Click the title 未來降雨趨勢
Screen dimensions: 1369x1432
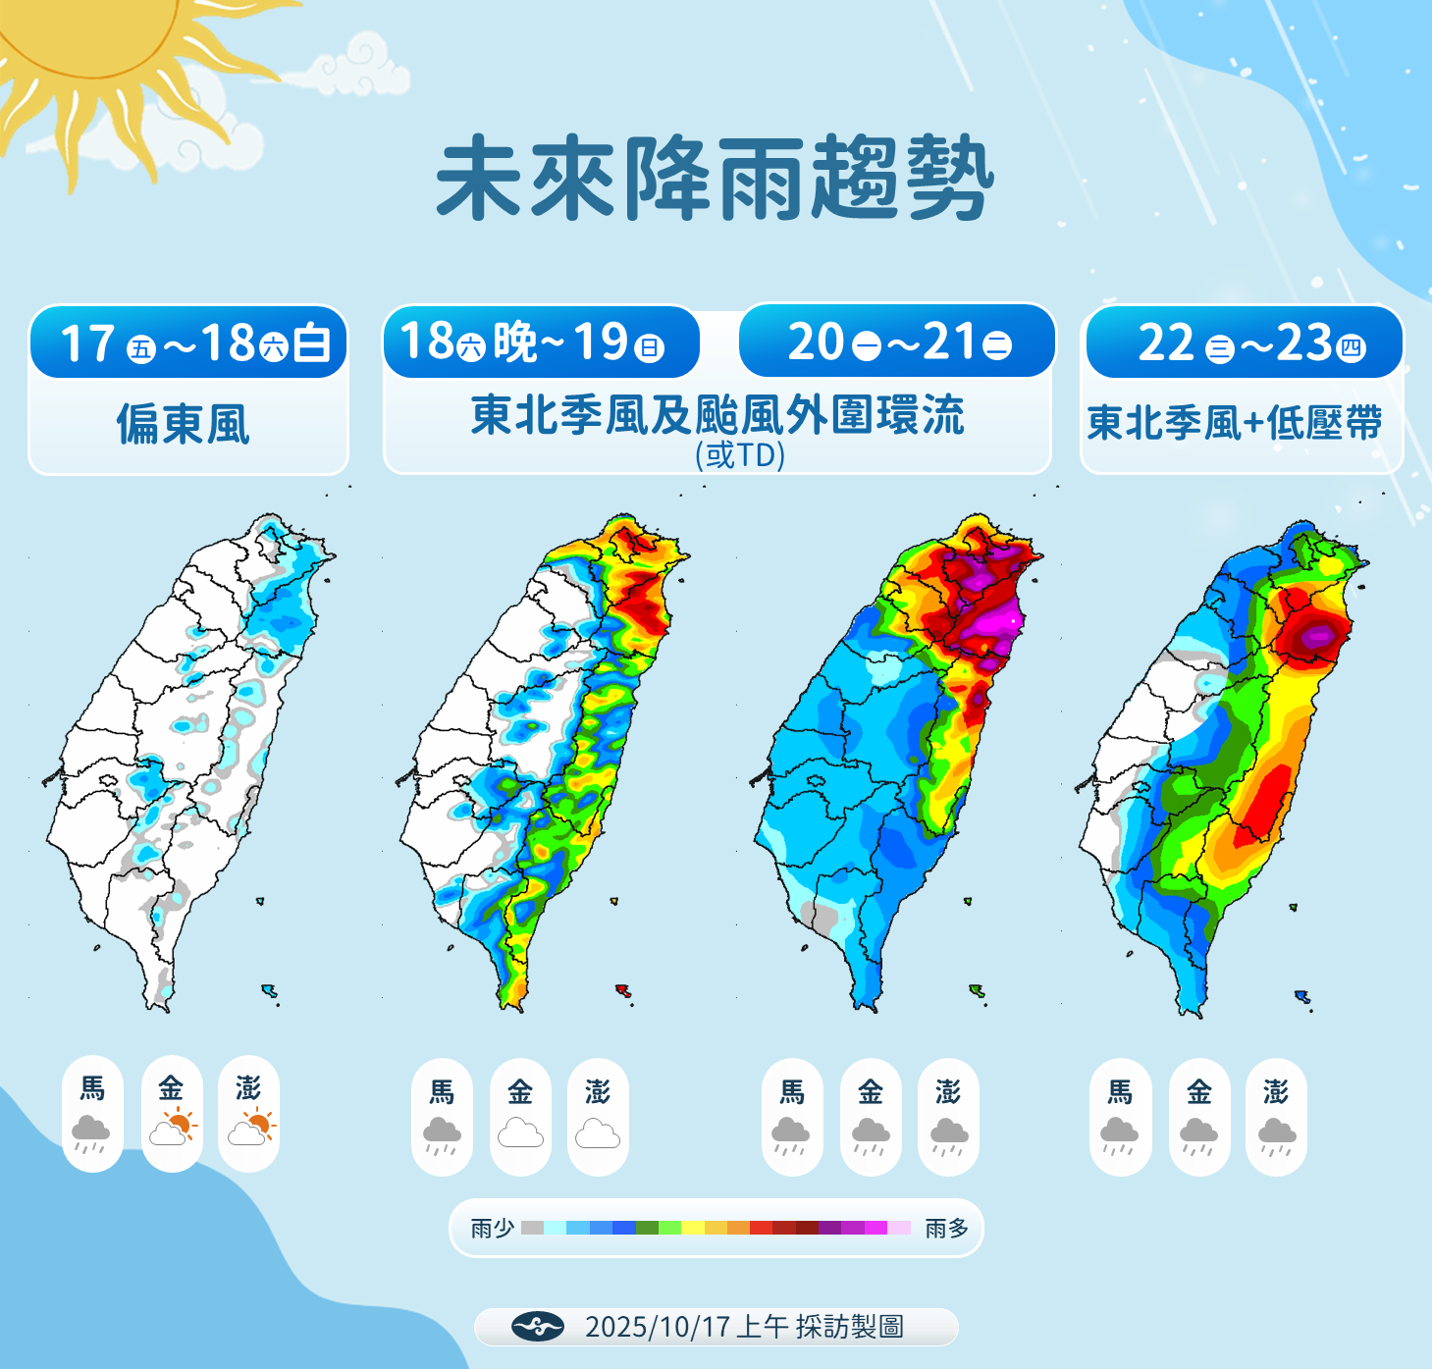pos(715,179)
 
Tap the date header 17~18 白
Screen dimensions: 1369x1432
pos(189,343)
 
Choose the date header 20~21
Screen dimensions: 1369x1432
pos(897,342)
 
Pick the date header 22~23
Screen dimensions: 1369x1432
pos(1243,343)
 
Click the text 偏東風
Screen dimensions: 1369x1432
pos(184,424)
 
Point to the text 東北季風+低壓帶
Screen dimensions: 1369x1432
pos(1235,424)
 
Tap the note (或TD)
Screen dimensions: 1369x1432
pos(740,454)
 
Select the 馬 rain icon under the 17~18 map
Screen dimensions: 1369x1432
pos(91,1133)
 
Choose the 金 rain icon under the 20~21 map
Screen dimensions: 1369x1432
pos(871,1136)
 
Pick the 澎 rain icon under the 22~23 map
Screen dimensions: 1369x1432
pos(1276,1136)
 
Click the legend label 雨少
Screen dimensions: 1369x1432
pos(492,1228)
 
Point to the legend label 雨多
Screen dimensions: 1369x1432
pos(946,1228)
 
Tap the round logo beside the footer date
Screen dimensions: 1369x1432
pos(538,1327)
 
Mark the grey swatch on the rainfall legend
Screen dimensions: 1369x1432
pos(532,1228)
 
